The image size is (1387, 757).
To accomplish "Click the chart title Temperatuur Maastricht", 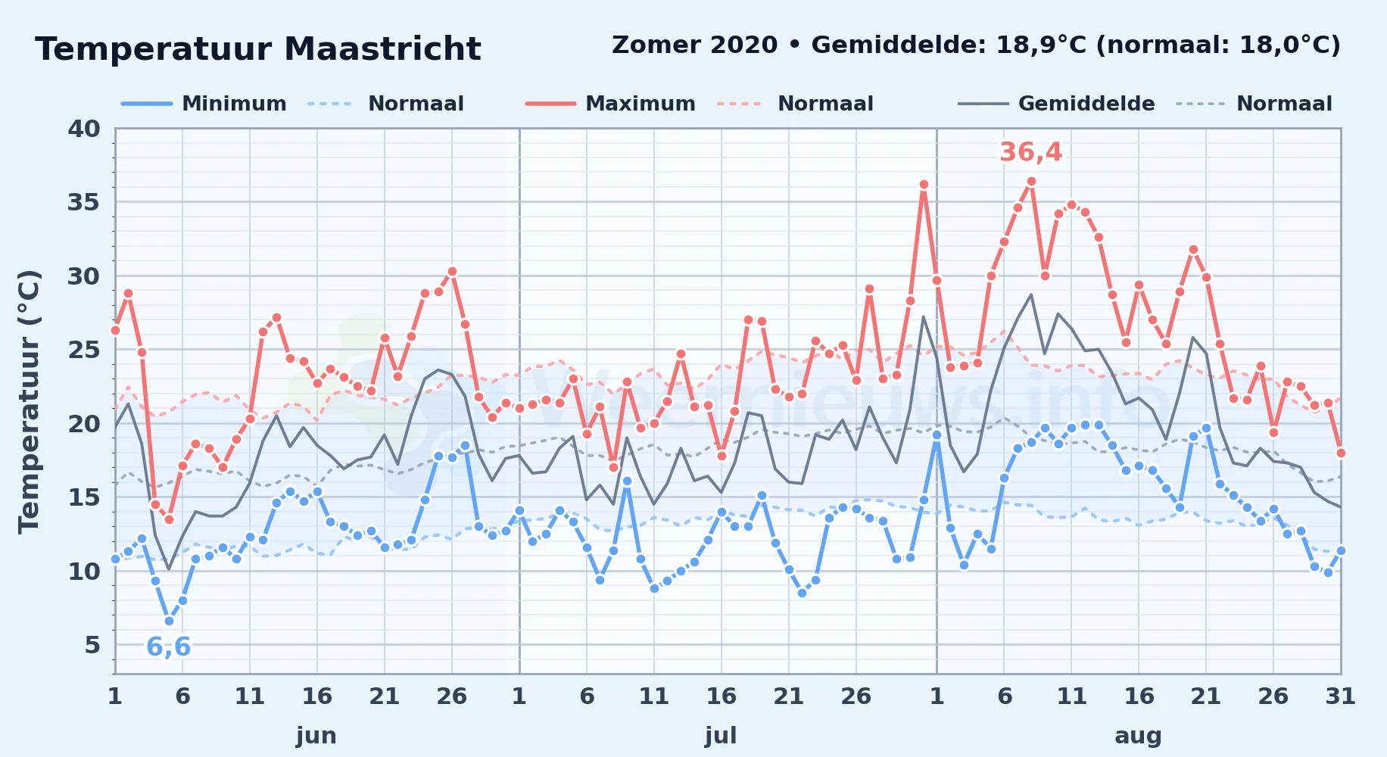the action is click(x=258, y=49).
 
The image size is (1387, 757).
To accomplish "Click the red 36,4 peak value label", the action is click(x=1030, y=153).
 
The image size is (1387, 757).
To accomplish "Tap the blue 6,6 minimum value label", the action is click(x=168, y=647).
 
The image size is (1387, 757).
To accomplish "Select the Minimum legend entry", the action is click(x=204, y=104).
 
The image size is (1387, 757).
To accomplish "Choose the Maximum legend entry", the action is click(x=610, y=104).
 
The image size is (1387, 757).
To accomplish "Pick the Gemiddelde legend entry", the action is click(x=1057, y=104).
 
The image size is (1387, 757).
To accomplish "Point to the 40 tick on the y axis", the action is click(x=84, y=129).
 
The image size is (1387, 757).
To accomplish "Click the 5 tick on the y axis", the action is click(x=92, y=645).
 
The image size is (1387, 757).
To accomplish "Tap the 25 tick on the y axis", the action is click(x=84, y=350).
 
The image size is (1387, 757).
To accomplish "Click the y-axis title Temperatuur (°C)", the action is click(x=29, y=402).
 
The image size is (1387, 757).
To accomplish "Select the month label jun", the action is click(x=316, y=735).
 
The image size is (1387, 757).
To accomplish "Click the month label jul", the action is click(x=721, y=735).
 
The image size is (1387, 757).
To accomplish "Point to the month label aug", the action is click(x=1138, y=736).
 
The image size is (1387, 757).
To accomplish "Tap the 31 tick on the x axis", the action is click(x=1340, y=696).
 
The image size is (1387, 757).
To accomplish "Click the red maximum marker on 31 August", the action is click(x=1341, y=453).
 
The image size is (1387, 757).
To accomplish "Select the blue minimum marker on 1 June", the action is click(x=115, y=559).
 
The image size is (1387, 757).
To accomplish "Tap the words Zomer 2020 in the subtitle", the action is click(x=694, y=45).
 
